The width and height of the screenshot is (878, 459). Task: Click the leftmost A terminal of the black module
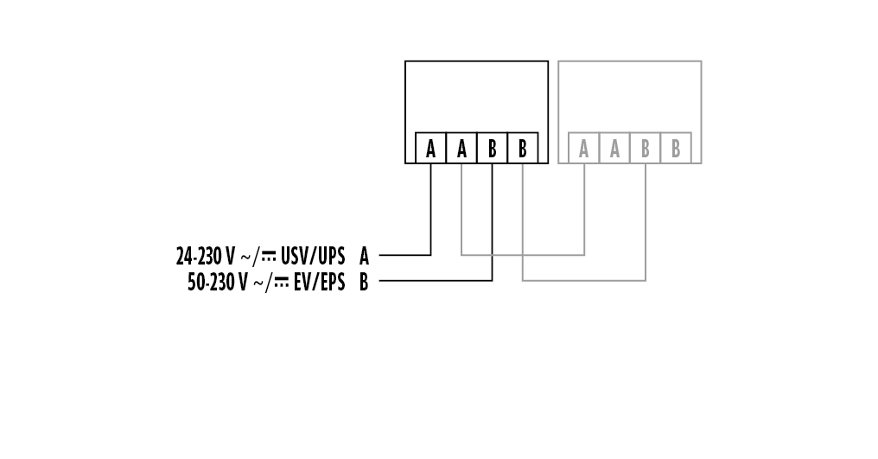coord(430,149)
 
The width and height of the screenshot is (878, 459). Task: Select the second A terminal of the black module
coord(461,149)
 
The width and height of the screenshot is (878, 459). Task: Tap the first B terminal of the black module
coord(492,149)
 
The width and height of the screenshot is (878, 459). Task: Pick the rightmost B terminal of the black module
coord(523,149)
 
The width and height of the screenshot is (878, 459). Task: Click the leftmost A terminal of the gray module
coord(584,149)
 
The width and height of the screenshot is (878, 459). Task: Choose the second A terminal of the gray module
coord(614,149)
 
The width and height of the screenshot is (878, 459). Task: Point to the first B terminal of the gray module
coord(646,149)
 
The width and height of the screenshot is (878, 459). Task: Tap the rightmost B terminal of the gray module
coord(676,149)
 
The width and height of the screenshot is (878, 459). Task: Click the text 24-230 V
coord(205,256)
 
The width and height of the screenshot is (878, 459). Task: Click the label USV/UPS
coord(313,256)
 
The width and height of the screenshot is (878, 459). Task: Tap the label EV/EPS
coord(319,282)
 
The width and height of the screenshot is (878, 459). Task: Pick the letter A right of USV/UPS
coord(364,256)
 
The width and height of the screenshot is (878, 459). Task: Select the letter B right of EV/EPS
coord(364,282)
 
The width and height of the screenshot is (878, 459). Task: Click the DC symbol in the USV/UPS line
coord(270,256)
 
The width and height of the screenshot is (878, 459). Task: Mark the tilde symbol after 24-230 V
coord(245,256)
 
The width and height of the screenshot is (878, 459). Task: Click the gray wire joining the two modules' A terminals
coord(523,255)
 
